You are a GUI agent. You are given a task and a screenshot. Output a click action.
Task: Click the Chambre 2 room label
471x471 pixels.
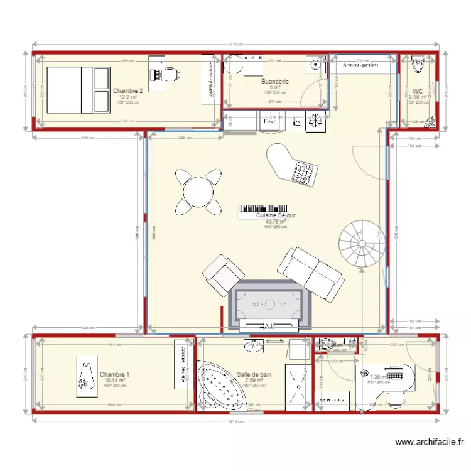pos(127,91)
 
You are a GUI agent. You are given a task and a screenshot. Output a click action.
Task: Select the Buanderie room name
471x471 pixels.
pos(275,82)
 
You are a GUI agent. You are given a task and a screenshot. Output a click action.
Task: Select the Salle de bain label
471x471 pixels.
pos(254,374)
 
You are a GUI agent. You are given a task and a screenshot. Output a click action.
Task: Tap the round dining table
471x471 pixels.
pos(198,191)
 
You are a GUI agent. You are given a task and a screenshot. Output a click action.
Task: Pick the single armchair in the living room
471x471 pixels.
pos(223,274)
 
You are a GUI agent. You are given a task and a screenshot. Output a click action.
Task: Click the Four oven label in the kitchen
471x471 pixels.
pos(269,121)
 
